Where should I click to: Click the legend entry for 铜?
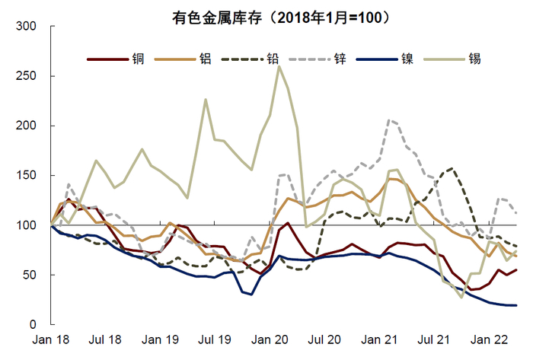click(x=139, y=59)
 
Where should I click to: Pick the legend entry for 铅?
click(x=272, y=59)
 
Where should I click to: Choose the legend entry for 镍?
click(x=408, y=59)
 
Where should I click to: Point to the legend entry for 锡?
click(x=476, y=59)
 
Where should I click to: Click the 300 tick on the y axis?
click(x=27, y=27)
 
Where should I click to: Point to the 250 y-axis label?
click(x=27, y=76)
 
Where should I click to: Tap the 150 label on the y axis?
click(x=27, y=176)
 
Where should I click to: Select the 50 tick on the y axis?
click(x=30, y=275)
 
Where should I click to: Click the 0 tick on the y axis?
click(x=33, y=325)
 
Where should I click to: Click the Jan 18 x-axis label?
click(x=53, y=339)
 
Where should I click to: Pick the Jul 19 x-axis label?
click(x=215, y=339)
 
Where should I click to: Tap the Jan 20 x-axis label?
click(x=270, y=339)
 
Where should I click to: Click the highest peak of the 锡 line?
click(x=279, y=66)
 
